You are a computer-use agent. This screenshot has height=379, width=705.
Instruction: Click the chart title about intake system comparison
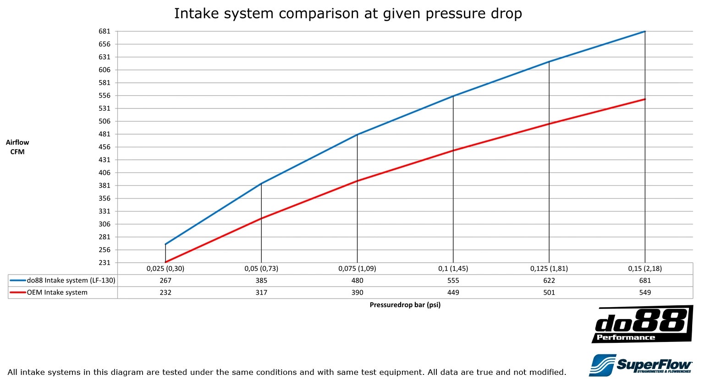pos(348,13)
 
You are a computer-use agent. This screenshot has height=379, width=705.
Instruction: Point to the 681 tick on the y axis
pos(105,31)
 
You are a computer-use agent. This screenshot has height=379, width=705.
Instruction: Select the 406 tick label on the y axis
pos(105,173)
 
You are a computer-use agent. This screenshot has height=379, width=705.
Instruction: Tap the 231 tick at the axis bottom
pos(105,263)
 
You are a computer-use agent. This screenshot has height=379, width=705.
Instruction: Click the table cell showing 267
pos(165,281)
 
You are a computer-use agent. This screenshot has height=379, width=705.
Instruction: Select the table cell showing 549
pos(645,292)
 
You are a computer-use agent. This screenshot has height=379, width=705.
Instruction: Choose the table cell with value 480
pos(357,281)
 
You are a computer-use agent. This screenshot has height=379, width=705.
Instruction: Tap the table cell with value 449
pos(453,292)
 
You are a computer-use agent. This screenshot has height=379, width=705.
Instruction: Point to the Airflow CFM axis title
pos(17,147)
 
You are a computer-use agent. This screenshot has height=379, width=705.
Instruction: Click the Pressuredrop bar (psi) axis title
pos(405,305)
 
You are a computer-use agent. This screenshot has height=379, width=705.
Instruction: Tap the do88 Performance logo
pos(642,325)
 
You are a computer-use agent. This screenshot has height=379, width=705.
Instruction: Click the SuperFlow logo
pos(640,365)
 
